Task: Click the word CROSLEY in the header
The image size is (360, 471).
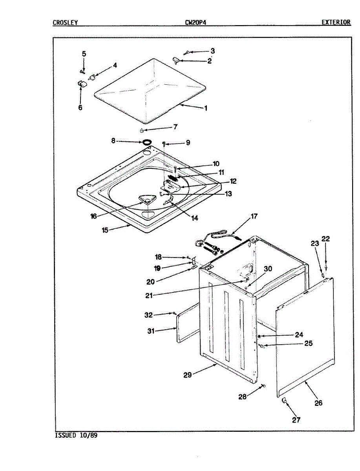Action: coord(65,22)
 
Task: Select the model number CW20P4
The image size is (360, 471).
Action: coord(196,22)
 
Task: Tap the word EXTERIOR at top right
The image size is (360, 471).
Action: coord(336,22)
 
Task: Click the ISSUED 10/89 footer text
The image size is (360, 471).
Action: coord(76,435)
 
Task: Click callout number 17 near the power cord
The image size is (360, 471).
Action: coord(254,216)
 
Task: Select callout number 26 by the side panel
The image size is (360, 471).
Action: coord(318,403)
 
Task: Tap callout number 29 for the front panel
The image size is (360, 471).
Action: coord(188,375)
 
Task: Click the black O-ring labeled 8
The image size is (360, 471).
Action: coord(147,141)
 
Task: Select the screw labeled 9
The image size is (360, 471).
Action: coord(165,144)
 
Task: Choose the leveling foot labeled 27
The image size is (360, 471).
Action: coord(283,400)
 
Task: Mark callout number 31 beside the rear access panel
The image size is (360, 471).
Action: coord(151,331)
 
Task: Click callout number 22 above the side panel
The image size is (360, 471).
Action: coord(326,239)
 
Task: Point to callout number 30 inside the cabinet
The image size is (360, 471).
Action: coord(268,269)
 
